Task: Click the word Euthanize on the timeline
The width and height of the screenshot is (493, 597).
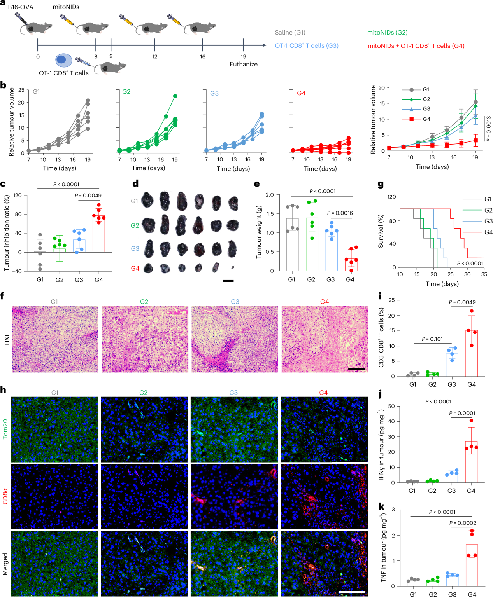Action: (x=243, y=64)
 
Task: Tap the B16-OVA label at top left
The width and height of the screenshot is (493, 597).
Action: (x=21, y=7)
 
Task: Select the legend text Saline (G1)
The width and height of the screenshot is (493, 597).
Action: (x=290, y=33)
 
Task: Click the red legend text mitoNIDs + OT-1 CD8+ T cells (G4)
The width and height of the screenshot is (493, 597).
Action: (x=416, y=46)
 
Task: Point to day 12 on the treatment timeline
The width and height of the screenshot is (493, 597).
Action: (x=155, y=56)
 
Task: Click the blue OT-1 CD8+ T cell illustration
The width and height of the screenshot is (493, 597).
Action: (x=63, y=60)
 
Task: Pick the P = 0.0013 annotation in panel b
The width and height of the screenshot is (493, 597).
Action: (x=488, y=129)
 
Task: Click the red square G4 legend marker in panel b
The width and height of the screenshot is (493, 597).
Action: (x=412, y=119)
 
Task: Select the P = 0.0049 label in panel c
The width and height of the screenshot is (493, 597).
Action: (x=88, y=196)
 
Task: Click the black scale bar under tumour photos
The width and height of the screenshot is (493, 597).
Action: (x=228, y=281)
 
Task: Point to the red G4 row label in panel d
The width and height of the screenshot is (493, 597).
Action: (x=135, y=268)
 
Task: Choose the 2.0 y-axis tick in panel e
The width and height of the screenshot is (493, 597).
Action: (x=270, y=195)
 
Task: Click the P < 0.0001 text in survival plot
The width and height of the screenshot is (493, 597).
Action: (x=470, y=264)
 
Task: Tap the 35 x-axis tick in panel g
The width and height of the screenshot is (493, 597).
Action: (x=484, y=274)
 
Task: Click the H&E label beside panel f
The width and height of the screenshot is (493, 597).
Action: (x=7, y=339)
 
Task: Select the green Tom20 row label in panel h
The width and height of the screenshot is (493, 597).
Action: (x=5, y=429)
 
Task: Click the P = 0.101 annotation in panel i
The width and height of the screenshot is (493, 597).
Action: (x=432, y=339)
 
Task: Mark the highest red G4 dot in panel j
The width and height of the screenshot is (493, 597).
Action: (x=472, y=421)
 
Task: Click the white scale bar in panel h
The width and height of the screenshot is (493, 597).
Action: (x=351, y=592)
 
